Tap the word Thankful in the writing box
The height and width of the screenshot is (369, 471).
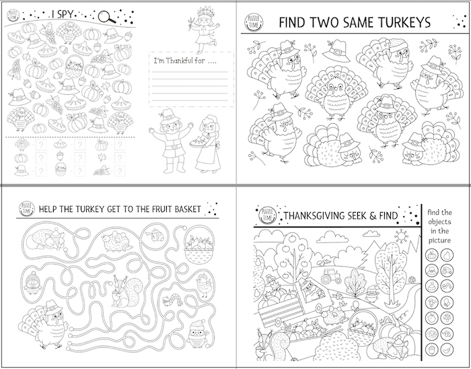[x=183, y=63]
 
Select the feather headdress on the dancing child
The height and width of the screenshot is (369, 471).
[x=200, y=11]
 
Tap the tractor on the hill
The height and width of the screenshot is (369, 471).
[x=332, y=276]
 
